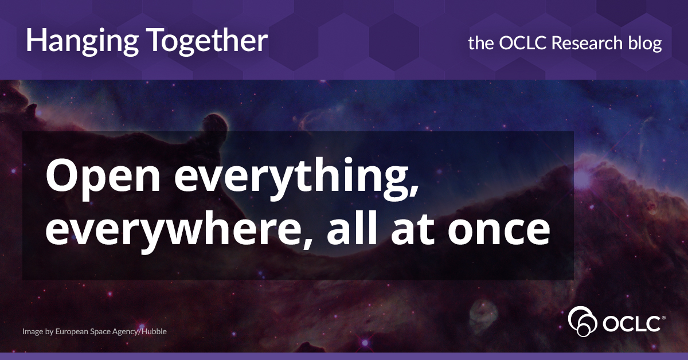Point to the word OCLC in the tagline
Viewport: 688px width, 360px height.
coord(519,42)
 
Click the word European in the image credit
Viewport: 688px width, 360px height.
coord(77,331)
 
